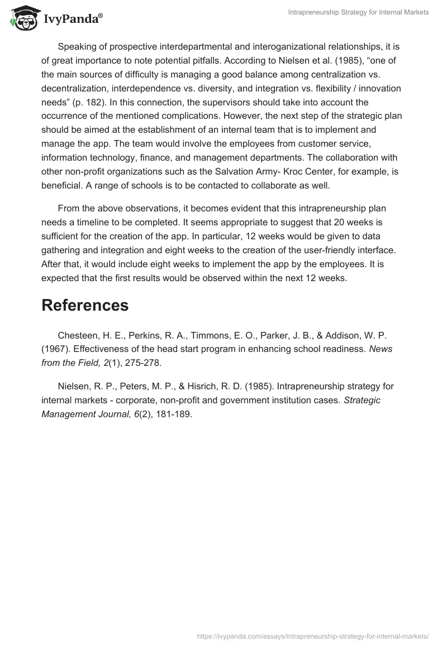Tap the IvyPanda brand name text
point(72,18)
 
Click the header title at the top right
point(358,12)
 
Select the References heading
point(85,305)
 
